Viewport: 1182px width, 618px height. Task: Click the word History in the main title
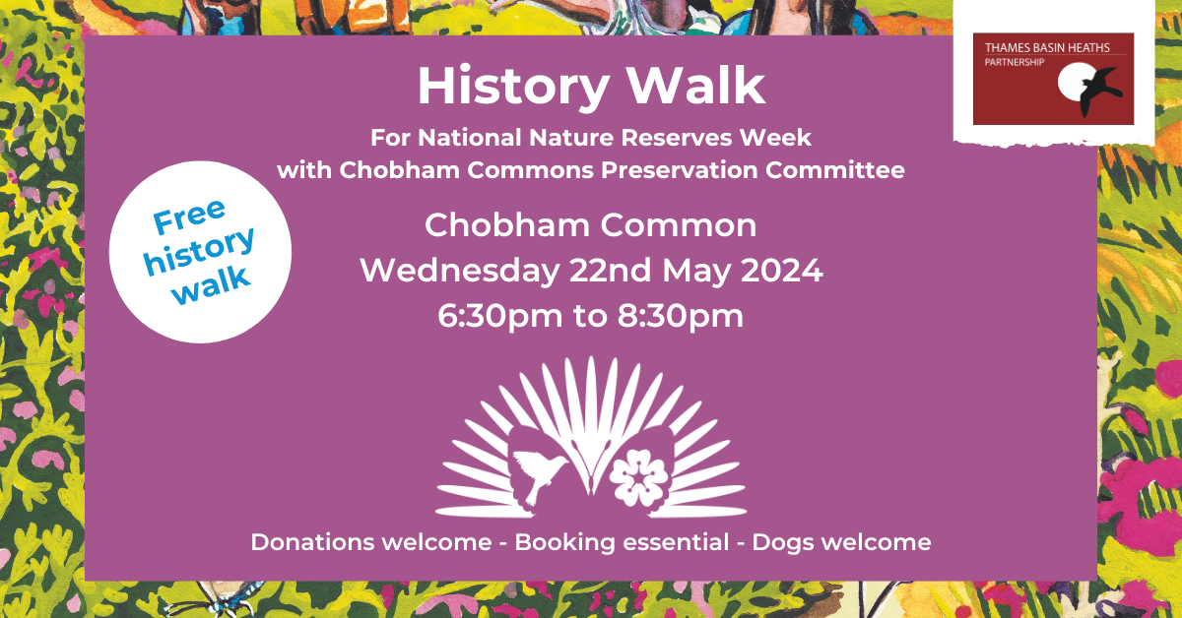click(513, 87)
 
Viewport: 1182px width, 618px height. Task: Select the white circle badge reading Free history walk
click(200, 252)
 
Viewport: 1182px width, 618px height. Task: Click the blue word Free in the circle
click(189, 216)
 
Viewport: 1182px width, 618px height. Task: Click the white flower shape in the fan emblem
click(639, 477)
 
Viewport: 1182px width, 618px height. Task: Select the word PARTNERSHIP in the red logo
click(1015, 62)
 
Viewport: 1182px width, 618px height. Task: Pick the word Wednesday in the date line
click(460, 271)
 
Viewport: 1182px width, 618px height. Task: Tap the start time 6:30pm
click(499, 316)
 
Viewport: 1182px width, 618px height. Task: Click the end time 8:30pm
click(681, 316)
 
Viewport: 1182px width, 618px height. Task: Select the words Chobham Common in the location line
click(590, 225)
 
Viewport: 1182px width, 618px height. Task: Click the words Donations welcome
click(371, 542)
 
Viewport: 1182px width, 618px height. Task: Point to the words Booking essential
click(622, 542)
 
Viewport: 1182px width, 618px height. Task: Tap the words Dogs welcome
click(841, 542)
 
